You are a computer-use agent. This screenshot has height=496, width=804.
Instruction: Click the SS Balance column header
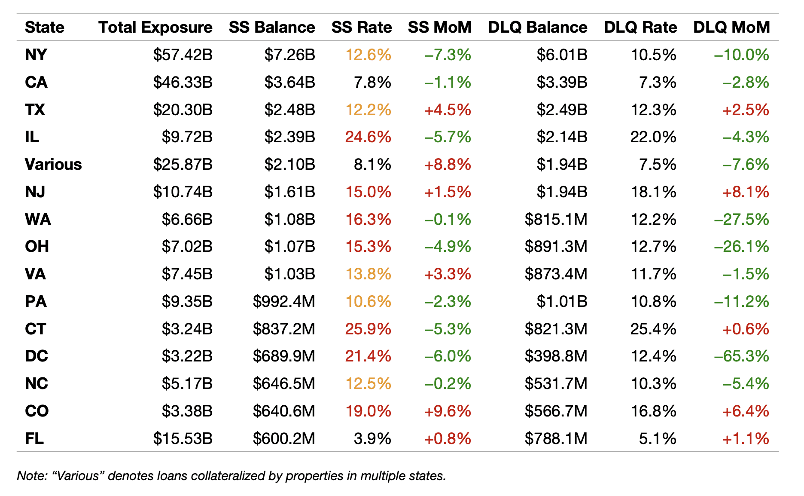(x=272, y=28)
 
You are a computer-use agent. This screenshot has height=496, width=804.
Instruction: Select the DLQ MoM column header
(x=731, y=28)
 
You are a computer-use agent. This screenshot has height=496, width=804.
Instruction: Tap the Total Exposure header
(x=155, y=28)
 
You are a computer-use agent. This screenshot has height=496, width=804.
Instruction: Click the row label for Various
(x=53, y=165)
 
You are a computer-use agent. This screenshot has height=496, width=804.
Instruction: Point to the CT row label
(x=35, y=329)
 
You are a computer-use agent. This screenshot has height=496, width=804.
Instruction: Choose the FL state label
(x=34, y=439)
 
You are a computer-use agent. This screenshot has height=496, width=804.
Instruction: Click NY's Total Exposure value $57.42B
(x=183, y=55)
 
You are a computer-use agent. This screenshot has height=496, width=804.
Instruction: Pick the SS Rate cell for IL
(x=368, y=137)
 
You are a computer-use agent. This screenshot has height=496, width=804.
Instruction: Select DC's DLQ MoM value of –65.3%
(x=741, y=356)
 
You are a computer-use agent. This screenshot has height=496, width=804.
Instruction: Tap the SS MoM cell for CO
(x=448, y=411)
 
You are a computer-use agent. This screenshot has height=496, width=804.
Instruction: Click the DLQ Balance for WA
(x=556, y=220)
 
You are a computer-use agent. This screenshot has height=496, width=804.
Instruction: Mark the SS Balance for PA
(x=284, y=302)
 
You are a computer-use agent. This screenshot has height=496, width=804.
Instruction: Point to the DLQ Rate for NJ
(x=653, y=192)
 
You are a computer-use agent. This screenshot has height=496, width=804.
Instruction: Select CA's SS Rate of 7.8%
(x=372, y=83)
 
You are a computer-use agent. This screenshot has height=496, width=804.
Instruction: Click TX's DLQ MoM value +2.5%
(x=746, y=110)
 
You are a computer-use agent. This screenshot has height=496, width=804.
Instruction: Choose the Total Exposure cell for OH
(x=187, y=247)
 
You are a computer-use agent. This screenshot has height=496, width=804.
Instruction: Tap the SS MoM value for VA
(x=448, y=274)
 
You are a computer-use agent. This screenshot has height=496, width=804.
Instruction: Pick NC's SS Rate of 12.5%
(x=368, y=384)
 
